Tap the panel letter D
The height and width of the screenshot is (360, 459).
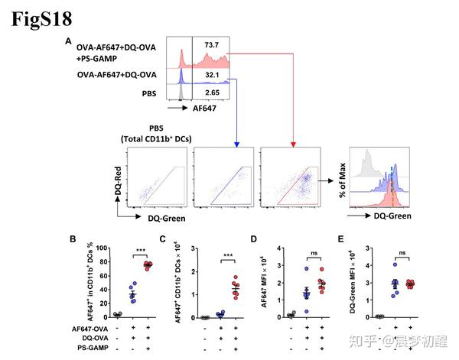(x=254, y=239)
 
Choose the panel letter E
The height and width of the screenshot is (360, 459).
(x=341, y=239)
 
